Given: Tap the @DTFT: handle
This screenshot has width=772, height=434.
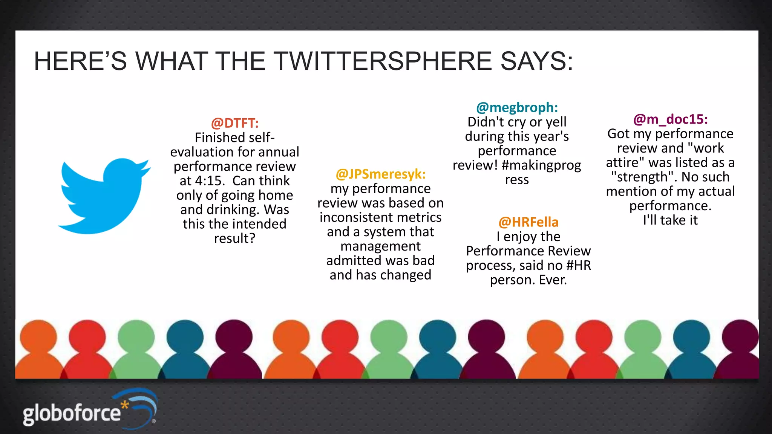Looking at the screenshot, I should pyautogui.click(x=235, y=123).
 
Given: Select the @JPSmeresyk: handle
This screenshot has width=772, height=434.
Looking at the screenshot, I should pyautogui.click(x=380, y=174).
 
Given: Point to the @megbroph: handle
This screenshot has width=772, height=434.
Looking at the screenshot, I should pyautogui.click(x=517, y=108).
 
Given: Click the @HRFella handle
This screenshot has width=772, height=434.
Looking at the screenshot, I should pyautogui.click(x=528, y=222).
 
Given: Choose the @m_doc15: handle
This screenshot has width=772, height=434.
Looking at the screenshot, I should pyautogui.click(x=670, y=119).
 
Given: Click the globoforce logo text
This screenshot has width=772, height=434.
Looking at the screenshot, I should pyautogui.click(x=72, y=413).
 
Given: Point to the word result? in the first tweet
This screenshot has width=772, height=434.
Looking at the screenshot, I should pyautogui.click(x=235, y=238).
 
